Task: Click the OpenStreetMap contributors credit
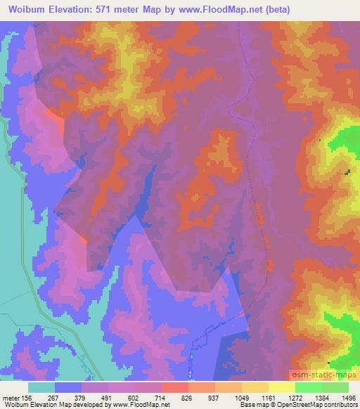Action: point(315,405)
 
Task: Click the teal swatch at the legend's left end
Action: point(41,387)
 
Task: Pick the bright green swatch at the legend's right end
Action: point(335,387)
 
